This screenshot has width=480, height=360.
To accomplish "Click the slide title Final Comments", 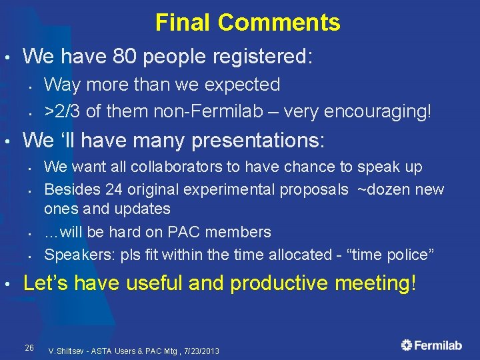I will pyautogui.click(x=247, y=23).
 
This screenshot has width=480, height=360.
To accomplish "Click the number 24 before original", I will pyautogui.click(x=114, y=189).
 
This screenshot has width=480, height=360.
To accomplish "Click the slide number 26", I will pyautogui.click(x=29, y=347).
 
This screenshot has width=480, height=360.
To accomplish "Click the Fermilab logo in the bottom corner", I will pyautogui.click(x=431, y=345).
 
